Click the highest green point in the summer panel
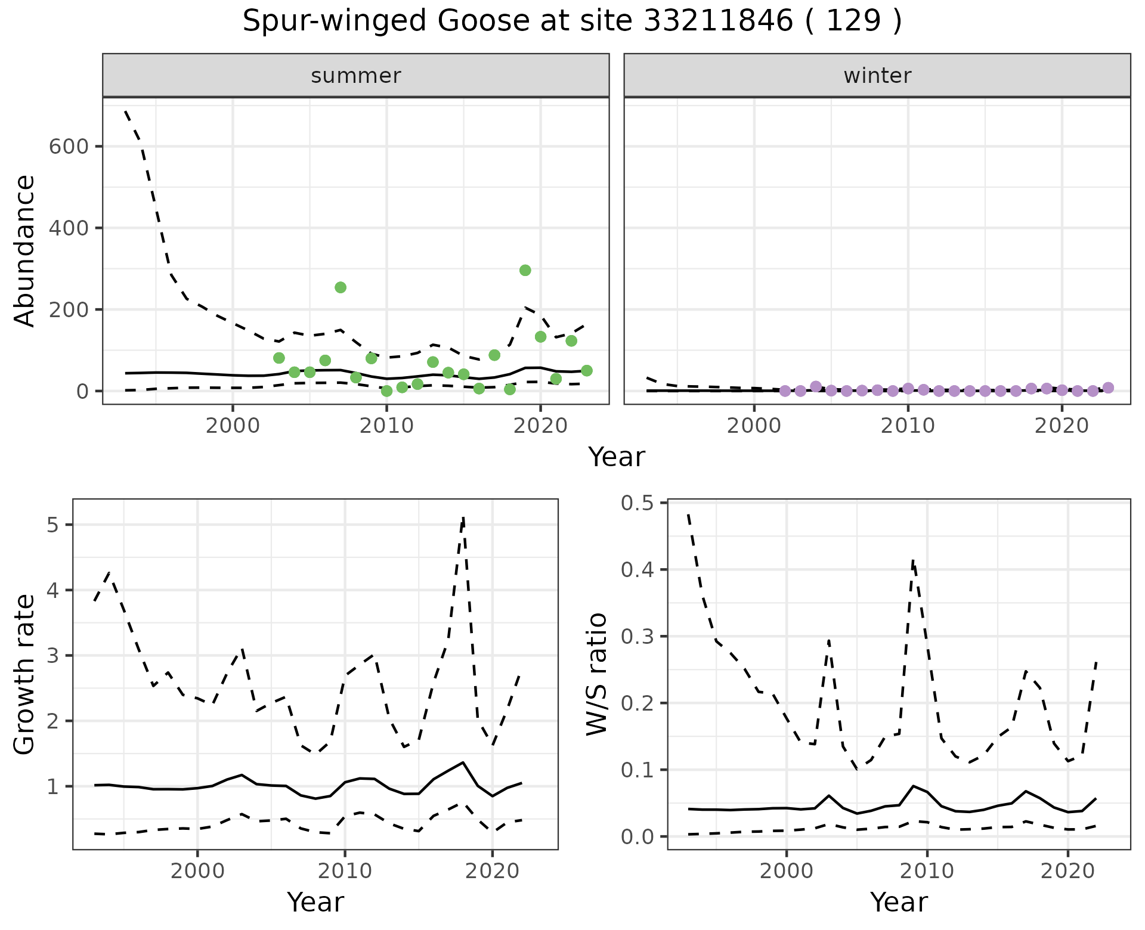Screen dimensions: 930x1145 pyautogui.click(x=525, y=270)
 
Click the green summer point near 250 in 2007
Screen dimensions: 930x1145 pyautogui.click(x=341, y=287)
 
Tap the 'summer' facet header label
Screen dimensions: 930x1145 pyautogui.click(x=356, y=76)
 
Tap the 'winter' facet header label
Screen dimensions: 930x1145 pyautogui.click(x=877, y=76)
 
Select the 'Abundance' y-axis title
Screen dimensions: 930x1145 pyautogui.click(x=25, y=251)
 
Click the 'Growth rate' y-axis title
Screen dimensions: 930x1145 pyautogui.click(x=25, y=674)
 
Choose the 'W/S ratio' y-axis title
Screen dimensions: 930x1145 pyautogui.click(x=596, y=674)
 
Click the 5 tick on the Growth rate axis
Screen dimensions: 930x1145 pyautogui.click(x=52, y=525)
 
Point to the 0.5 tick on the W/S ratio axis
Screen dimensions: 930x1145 pyautogui.click(x=637, y=503)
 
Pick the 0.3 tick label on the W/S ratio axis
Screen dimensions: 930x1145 pyautogui.click(x=637, y=637)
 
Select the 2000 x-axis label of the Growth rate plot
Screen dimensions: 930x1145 pyautogui.click(x=197, y=871)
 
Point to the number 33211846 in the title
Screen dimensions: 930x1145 pyautogui.click(x=718, y=21)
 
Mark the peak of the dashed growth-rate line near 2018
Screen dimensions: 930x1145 pyautogui.click(x=463, y=517)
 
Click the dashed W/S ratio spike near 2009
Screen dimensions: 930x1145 pyautogui.click(x=913, y=560)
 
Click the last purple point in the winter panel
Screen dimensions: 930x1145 pyautogui.click(x=1108, y=387)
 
